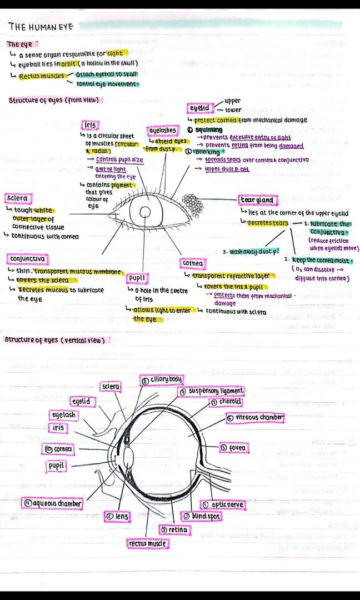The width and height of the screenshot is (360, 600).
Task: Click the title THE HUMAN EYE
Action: click(41, 26)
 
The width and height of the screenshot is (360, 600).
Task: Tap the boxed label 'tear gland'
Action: click(256, 200)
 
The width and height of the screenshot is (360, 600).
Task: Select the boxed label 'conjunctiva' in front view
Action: click(27, 259)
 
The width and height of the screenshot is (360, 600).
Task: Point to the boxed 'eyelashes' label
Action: click(163, 131)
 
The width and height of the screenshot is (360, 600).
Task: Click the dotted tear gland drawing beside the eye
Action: click(193, 205)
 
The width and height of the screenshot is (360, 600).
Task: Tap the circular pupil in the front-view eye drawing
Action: click(146, 212)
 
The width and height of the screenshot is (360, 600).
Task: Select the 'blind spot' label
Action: click(202, 516)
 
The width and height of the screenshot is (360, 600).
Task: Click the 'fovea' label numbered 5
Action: click(233, 447)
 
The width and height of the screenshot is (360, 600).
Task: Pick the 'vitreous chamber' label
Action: click(255, 417)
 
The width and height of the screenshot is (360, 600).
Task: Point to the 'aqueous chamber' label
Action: click(52, 503)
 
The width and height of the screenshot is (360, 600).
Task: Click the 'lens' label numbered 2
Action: click(117, 516)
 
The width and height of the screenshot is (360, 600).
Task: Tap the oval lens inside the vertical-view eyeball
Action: click(128, 457)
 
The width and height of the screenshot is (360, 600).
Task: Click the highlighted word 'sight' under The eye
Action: click(116, 54)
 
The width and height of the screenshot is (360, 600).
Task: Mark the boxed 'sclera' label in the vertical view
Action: click(111, 386)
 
